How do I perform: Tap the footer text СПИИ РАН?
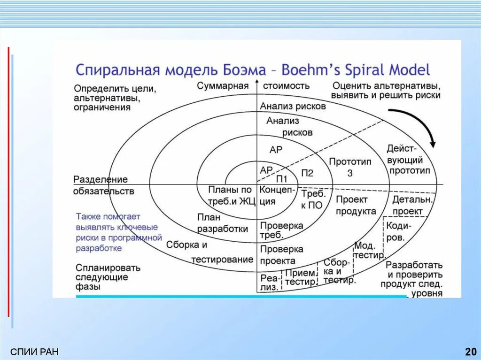(34, 352)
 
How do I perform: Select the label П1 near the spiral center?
(281, 178)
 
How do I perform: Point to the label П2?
(307, 173)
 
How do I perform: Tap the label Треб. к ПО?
(312, 199)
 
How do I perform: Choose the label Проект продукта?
(356, 205)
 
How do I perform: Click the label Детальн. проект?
(407, 205)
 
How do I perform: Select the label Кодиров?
(398, 231)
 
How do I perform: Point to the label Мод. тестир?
(368, 250)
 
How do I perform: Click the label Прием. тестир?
(300, 277)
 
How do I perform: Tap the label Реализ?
(269, 282)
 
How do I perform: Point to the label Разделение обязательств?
(103, 185)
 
